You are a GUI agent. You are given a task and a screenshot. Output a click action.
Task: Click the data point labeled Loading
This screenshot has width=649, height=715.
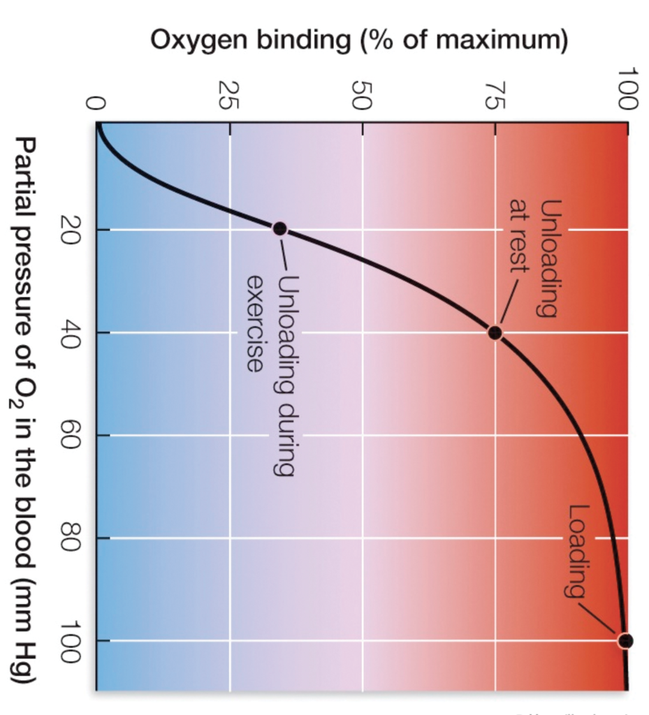pos(625,640)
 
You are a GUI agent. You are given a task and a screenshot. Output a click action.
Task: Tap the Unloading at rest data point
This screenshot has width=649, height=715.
pos(495,332)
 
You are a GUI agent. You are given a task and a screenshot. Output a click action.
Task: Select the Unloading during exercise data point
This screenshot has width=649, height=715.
pos(279,228)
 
